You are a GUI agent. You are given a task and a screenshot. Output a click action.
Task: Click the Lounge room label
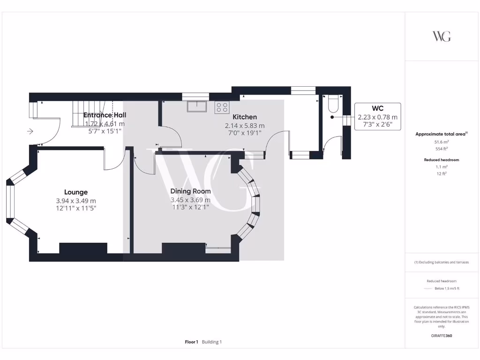coord(76,192)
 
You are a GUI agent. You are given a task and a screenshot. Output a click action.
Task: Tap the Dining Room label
coord(190,191)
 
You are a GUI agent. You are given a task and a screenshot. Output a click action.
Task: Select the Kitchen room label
coord(245,117)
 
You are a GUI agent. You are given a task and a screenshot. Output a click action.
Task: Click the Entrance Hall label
coord(105,115)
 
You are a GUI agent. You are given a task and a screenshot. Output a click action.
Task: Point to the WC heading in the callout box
coord(377,109)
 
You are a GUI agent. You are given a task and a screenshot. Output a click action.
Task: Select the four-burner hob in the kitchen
coord(221,107)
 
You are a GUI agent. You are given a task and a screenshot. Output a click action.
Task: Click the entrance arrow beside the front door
coord(30,132)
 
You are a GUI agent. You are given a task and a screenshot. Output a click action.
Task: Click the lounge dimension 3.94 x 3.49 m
coord(76,201)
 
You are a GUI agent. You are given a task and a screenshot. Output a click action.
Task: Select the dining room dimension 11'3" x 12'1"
coord(190,207)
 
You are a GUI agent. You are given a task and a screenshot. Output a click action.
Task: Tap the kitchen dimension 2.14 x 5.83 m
coord(245,126)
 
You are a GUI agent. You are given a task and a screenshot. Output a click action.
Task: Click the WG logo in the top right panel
coord(441,37)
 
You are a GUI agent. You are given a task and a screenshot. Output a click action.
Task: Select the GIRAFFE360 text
coord(441,336)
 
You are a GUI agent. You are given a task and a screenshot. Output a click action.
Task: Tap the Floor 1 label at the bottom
coord(192,342)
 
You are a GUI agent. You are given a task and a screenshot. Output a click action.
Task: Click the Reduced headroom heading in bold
coord(441,160)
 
